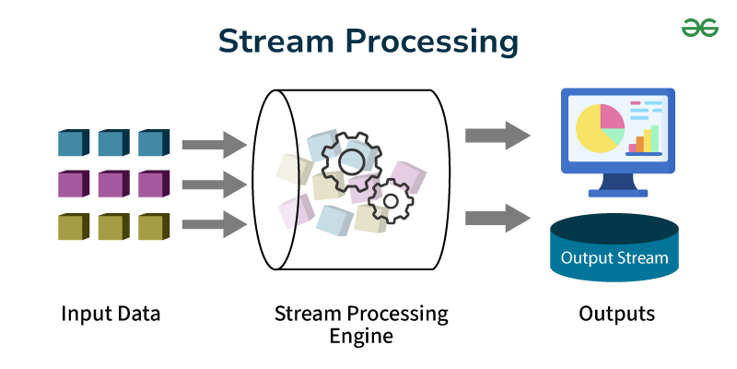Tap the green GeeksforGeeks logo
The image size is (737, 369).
699,28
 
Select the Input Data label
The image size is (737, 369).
111,314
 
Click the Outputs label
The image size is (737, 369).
617,314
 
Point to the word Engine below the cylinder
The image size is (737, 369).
361,336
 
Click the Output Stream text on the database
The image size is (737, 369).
614,257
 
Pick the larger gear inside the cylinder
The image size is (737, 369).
351,161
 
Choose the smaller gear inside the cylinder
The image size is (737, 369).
391,199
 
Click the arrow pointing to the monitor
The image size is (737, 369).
497,136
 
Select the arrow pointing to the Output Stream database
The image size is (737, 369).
497,220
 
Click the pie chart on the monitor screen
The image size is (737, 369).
600,128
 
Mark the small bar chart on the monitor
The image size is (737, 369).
645,138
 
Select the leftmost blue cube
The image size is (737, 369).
72,143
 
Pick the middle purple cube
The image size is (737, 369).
112,184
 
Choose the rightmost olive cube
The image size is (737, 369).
152,226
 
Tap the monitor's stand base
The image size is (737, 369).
618,192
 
